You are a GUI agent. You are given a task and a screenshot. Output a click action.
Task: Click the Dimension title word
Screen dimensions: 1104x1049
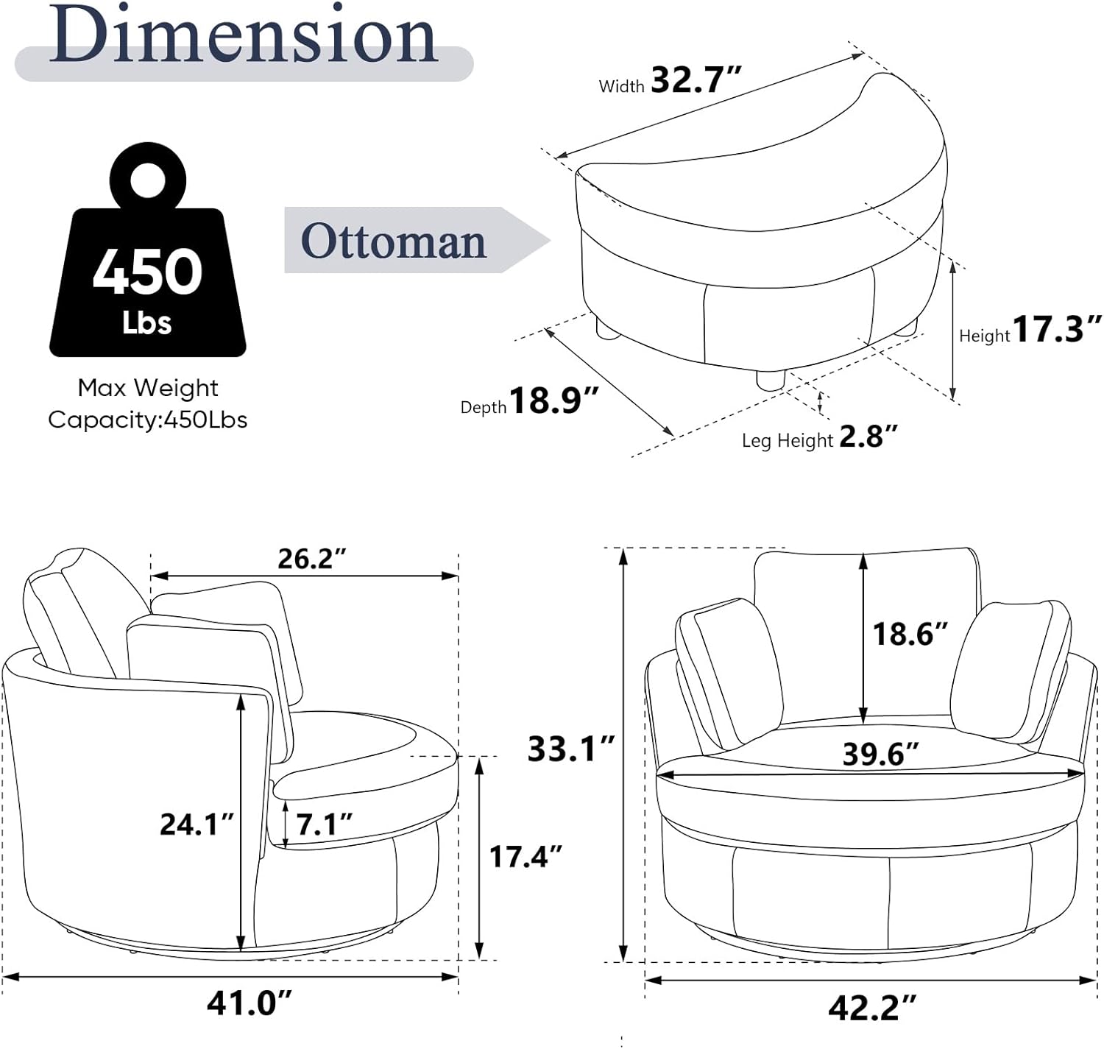click(x=243, y=35)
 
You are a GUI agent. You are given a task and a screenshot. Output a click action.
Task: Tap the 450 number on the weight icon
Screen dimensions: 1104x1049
click(x=147, y=272)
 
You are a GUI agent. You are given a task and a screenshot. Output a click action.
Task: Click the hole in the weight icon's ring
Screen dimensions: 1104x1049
click(x=148, y=182)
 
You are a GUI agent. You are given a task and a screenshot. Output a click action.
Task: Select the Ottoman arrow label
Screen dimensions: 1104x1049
click(x=417, y=241)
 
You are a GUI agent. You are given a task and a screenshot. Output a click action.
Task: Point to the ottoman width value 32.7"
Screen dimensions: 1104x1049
click(x=696, y=80)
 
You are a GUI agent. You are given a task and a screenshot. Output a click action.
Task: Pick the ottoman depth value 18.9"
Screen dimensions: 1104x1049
click(x=553, y=400)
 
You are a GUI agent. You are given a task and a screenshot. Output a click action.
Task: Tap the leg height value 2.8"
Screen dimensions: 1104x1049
click(x=868, y=437)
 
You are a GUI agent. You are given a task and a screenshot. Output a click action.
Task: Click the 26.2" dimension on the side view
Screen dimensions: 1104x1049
click(x=312, y=559)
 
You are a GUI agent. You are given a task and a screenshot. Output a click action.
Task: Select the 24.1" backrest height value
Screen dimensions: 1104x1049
click(x=197, y=824)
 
